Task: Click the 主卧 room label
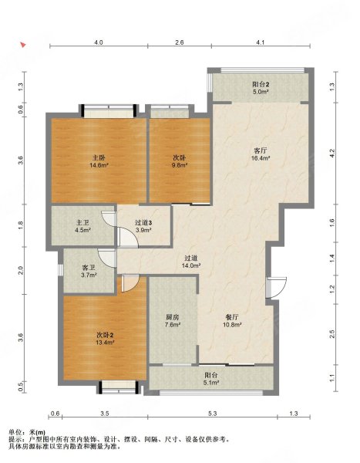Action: coord(99,157)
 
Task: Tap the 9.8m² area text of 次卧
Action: coord(180,165)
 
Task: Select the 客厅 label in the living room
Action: coord(261,150)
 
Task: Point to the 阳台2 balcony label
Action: coord(261,84)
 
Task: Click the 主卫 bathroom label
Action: coord(82,223)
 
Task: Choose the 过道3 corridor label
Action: coord(143,223)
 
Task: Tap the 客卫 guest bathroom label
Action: coord(89,268)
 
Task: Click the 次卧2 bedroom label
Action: coord(105,335)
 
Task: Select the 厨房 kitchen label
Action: coord(173,317)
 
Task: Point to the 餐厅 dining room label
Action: coord(232,317)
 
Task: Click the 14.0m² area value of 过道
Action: coord(191,265)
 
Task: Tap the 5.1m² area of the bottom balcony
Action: coord(211,383)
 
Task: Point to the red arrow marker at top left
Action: coord(23,45)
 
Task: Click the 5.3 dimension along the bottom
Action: coord(212,414)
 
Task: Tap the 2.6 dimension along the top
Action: coord(179,42)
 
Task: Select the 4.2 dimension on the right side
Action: coord(332,154)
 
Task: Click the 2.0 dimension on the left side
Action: coord(21,270)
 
